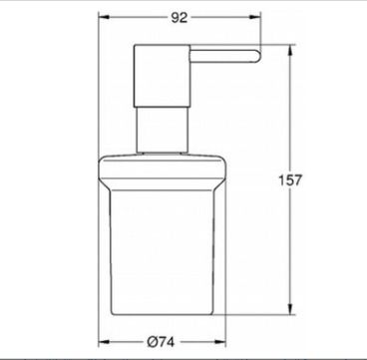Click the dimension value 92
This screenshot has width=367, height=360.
[180, 18]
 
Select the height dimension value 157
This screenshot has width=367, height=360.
[290, 180]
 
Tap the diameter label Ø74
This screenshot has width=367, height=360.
[161, 342]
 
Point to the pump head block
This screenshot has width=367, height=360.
[162, 76]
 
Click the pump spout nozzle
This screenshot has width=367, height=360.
[225, 56]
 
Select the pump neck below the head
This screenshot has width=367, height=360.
[163, 130]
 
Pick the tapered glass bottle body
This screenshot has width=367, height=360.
[163, 252]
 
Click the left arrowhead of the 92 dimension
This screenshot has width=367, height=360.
[104, 17]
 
